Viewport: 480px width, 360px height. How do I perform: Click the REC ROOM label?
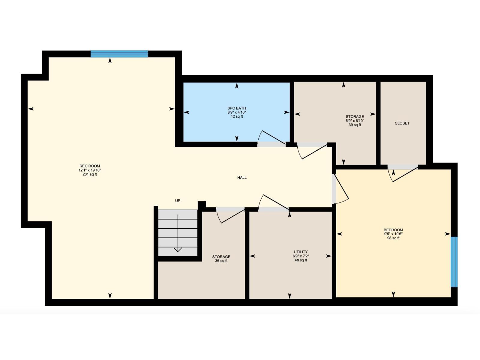90,166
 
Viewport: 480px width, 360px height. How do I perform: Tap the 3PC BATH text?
237,108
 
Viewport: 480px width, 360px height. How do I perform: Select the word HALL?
242,178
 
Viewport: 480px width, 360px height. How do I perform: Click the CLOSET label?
402,123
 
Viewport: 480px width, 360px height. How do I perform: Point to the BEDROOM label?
393,230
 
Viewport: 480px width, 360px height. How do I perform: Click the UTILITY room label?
301,252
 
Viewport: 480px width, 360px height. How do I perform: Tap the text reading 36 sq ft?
221,261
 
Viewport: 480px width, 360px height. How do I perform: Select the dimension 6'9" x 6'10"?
355,121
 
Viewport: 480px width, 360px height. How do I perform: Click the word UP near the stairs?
178,201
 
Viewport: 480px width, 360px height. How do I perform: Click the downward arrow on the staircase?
178,249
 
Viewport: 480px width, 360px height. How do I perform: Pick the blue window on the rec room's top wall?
119,54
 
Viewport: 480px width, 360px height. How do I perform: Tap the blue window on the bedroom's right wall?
454,262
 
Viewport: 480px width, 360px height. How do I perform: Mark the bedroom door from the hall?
340,189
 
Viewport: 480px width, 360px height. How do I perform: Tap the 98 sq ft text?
393,238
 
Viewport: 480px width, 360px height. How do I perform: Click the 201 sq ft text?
90,174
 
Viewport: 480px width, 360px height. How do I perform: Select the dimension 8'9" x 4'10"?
237,112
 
